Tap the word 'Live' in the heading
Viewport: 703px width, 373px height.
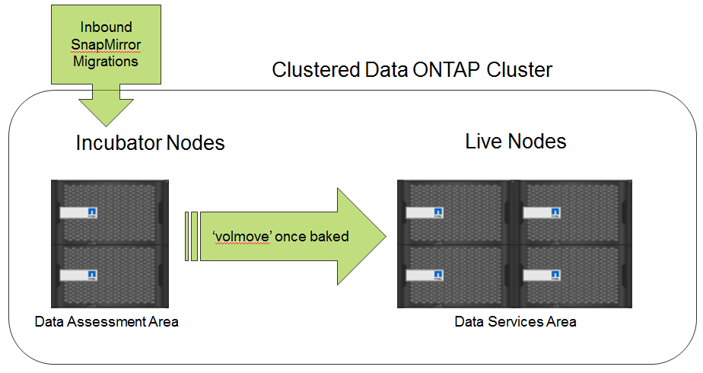484,142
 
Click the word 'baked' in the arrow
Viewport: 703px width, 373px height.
328,237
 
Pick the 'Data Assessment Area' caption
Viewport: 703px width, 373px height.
107,322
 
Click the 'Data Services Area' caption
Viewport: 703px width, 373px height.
515,322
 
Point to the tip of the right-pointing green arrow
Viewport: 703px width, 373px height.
385,237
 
